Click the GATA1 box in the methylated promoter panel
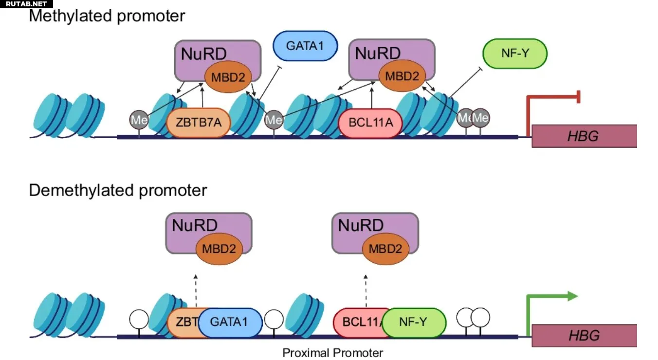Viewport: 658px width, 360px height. coord(305,46)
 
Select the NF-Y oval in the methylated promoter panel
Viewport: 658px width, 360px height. coord(515,54)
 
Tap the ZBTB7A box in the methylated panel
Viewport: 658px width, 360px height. coord(198,123)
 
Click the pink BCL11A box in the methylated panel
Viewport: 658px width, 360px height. coord(370,123)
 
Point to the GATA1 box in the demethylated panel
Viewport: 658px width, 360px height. coord(230,322)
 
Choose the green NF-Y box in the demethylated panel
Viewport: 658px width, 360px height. coord(414,322)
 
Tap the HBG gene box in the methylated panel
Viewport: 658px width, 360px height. coord(584,136)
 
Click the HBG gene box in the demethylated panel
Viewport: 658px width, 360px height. coord(584,336)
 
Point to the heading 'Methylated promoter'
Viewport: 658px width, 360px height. coord(107,16)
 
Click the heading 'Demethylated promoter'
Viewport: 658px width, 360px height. coord(118,190)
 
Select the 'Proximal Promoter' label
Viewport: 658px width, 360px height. coord(332,353)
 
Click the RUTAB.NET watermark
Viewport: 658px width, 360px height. coord(26,4)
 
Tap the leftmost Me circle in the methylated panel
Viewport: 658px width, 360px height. coord(139,120)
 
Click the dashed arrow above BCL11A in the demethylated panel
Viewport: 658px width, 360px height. coord(366,291)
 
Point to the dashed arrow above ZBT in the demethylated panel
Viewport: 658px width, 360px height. coord(196,291)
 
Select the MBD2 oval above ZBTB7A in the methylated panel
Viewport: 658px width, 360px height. coord(228,77)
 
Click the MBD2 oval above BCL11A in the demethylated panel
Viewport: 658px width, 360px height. coord(385,249)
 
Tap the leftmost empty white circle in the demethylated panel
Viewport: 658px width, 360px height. coord(139,319)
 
